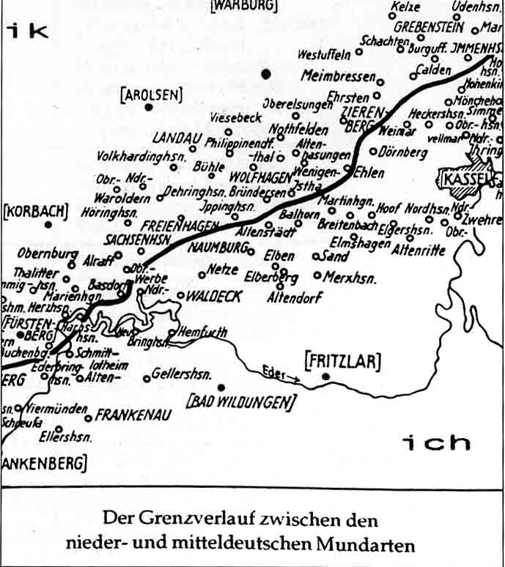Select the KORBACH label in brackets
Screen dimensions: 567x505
point(35,212)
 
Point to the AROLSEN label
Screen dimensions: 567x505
point(151,94)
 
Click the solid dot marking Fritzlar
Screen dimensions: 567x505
point(326,377)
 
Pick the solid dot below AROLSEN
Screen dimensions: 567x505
point(149,107)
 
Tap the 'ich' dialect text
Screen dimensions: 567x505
point(436,442)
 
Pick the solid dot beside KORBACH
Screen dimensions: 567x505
point(48,224)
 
